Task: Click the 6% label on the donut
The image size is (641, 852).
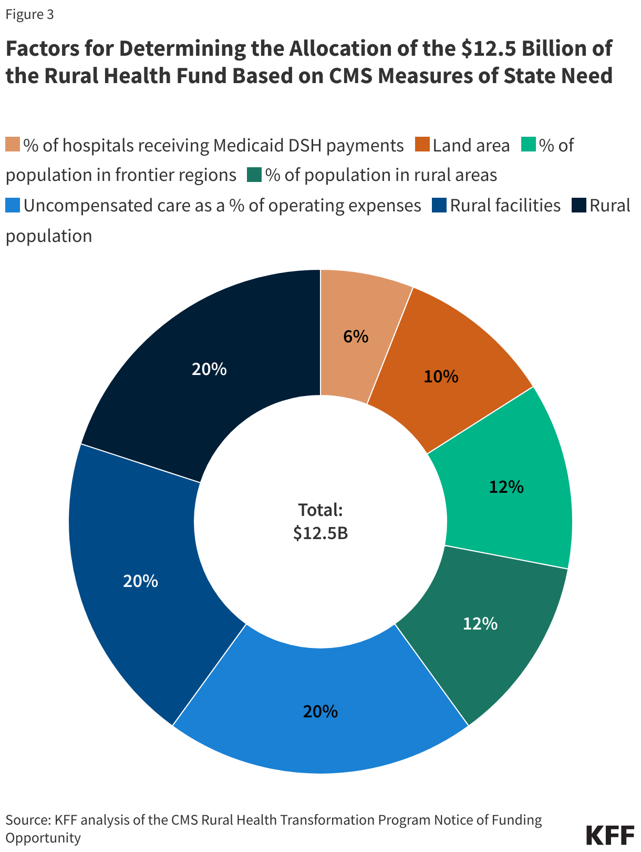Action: click(x=356, y=337)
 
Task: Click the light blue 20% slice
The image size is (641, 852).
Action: click(x=320, y=712)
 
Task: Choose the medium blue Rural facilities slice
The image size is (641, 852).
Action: click(x=140, y=581)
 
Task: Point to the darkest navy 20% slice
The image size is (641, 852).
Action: click(x=209, y=369)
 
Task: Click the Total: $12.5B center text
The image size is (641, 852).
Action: click(x=320, y=521)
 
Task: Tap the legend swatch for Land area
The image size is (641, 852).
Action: click(x=422, y=145)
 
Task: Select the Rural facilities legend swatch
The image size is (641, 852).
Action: click(x=439, y=205)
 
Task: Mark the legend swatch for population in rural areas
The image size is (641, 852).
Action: click(x=254, y=175)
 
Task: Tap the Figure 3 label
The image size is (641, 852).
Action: click(x=29, y=15)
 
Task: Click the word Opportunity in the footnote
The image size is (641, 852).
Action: click(x=43, y=837)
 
